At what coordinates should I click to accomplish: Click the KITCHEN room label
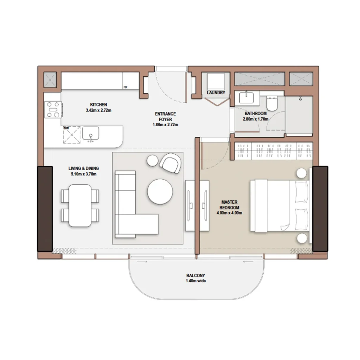(98, 105)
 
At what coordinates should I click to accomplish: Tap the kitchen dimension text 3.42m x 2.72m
(98, 110)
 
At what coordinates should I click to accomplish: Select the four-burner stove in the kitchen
(53, 109)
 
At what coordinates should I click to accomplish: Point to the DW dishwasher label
(66, 128)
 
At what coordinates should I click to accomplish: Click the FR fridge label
(125, 87)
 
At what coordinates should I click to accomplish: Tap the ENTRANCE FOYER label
(165, 117)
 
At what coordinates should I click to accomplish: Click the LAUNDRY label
(216, 93)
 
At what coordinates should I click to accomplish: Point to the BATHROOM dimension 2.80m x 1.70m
(256, 119)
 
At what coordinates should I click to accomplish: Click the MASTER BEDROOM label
(230, 205)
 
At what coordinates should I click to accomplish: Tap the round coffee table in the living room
(160, 192)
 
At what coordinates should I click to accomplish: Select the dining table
(79, 205)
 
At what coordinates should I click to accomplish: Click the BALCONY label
(196, 276)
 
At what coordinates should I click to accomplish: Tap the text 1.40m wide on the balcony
(196, 281)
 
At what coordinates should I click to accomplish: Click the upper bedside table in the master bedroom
(302, 173)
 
